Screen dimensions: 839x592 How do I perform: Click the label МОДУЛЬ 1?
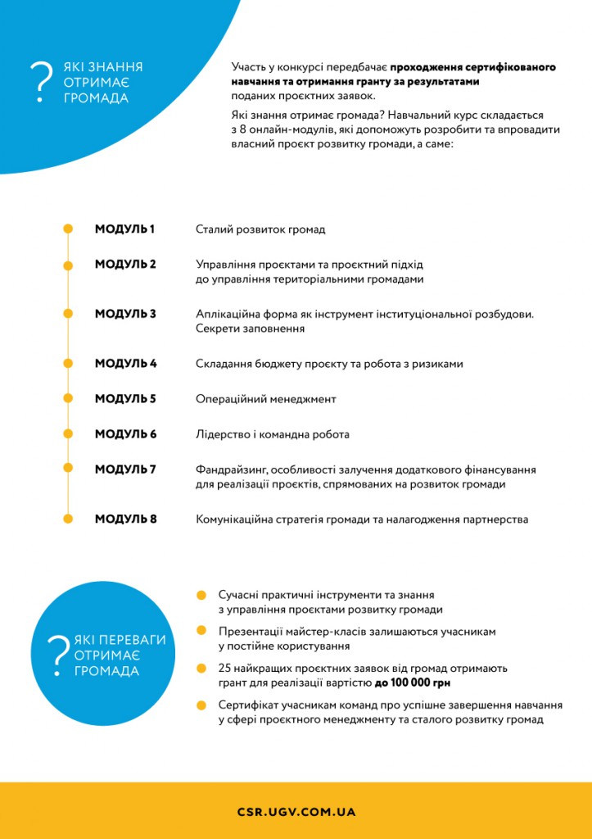pyautogui.click(x=124, y=229)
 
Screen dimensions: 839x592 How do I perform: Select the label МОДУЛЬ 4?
pyautogui.click(x=125, y=363)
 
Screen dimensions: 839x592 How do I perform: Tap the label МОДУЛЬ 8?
pyautogui.click(x=125, y=519)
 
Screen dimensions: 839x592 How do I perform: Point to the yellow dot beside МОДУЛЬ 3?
pyautogui.click(x=69, y=314)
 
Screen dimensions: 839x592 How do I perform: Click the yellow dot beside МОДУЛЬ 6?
pyautogui.click(x=69, y=434)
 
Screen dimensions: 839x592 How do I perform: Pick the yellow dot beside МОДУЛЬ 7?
pyautogui.click(x=69, y=469)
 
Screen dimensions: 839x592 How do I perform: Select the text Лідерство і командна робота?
pyautogui.click(x=272, y=434)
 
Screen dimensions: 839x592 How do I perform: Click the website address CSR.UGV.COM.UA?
pyautogui.click(x=296, y=812)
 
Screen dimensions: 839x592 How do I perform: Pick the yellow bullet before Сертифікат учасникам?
pyautogui.click(x=201, y=705)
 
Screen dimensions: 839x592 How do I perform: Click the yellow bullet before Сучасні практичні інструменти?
pyautogui.click(x=201, y=595)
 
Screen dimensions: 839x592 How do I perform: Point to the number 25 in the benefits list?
pyautogui.click(x=225, y=668)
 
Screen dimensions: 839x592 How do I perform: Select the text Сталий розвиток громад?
pyautogui.click(x=260, y=229)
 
